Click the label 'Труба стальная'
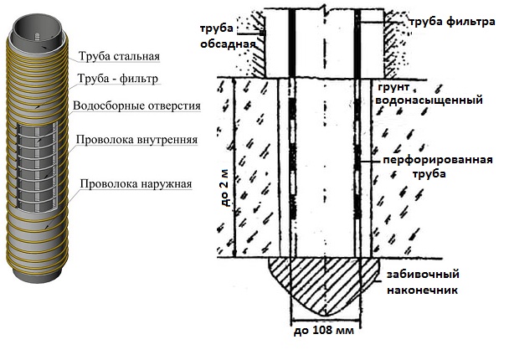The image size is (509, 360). (x=119, y=57)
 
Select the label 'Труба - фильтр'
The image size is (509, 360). (x=117, y=80)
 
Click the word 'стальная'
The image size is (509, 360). (x=136, y=57)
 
